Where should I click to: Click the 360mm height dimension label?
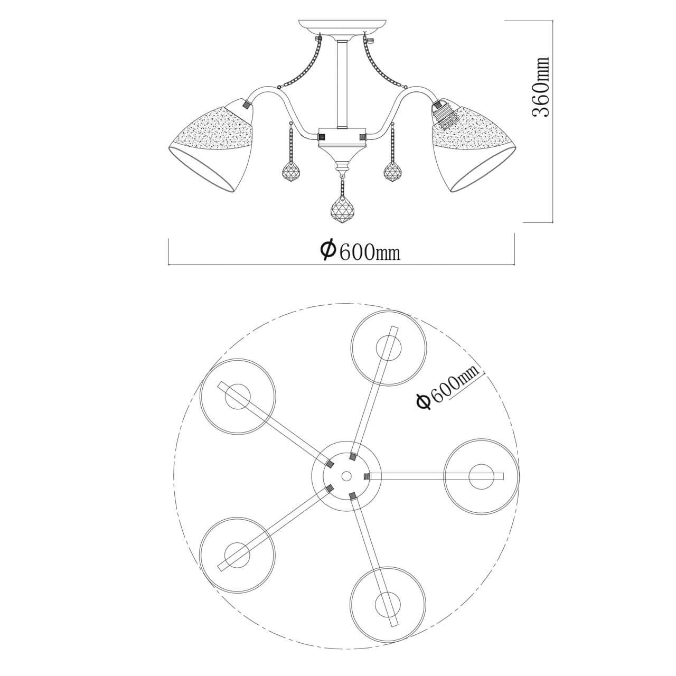pyautogui.click(x=541, y=87)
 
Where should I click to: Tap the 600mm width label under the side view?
pyautogui.click(x=360, y=250)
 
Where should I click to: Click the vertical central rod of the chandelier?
pyautogui.click(x=342, y=84)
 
